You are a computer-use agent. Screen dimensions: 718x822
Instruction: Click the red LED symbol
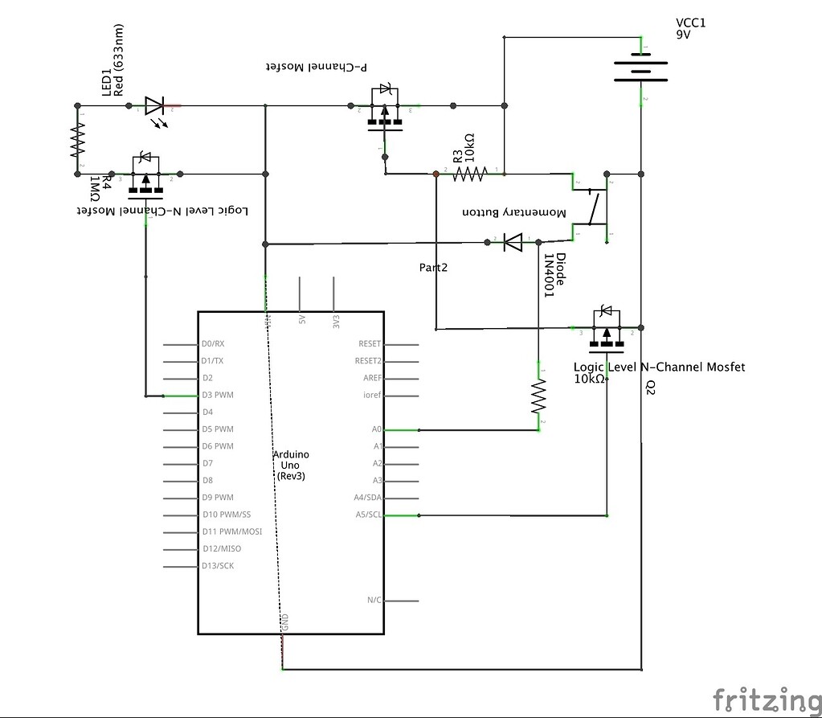tap(154, 105)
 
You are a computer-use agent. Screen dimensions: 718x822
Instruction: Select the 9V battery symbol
tap(641, 70)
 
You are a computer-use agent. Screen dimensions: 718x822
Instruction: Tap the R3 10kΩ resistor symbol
tap(470, 173)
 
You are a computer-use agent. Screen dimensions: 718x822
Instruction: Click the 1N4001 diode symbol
tap(512, 241)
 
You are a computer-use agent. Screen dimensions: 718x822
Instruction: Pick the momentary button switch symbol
tap(593, 208)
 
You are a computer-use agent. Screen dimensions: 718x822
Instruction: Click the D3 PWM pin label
tap(219, 396)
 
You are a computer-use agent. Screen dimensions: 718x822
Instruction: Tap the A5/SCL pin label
tap(369, 515)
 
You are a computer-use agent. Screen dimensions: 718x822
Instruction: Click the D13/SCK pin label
tap(219, 566)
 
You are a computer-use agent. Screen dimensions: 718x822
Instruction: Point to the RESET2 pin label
tap(368, 361)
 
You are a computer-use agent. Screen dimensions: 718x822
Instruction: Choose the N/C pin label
tap(374, 601)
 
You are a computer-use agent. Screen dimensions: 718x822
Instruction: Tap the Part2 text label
tap(433, 268)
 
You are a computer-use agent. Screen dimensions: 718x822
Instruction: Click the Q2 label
tap(650, 387)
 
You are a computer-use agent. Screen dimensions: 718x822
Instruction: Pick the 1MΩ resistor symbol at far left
tap(77, 138)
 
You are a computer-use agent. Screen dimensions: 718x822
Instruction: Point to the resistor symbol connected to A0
tap(537, 396)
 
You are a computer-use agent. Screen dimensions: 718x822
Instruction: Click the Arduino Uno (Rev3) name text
tap(290, 466)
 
